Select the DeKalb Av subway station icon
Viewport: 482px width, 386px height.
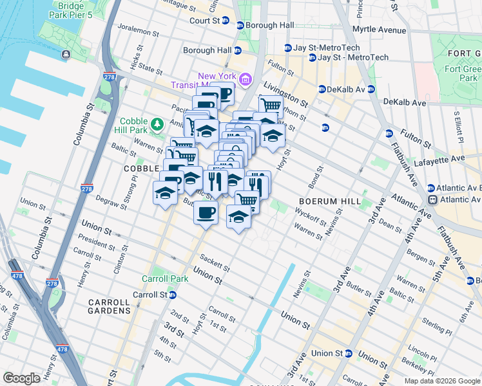click(x=322, y=89)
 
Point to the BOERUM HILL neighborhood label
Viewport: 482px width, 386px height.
click(x=330, y=201)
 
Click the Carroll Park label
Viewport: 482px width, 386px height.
click(x=165, y=279)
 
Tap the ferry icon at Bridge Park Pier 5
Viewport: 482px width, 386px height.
click(x=66, y=55)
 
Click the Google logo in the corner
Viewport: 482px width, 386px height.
click(x=21, y=378)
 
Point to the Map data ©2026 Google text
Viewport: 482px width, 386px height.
click(x=442, y=381)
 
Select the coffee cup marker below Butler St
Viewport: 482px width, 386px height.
click(x=206, y=213)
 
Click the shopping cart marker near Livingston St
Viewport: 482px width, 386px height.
click(x=271, y=106)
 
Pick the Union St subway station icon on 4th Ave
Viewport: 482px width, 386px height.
click(x=349, y=353)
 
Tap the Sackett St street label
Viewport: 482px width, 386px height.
click(x=215, y=262)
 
